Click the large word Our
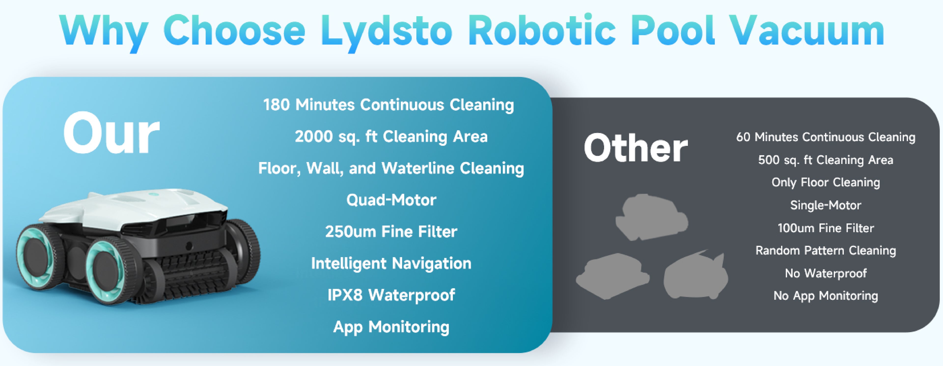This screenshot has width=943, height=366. tap(112, 133)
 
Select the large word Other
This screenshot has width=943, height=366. tap(636, 148)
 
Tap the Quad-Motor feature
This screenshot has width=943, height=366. tap(391, 200)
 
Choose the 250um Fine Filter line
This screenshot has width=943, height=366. tap(391, 231)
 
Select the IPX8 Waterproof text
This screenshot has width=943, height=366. tap(391, 295)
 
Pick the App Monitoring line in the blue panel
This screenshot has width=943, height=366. tap(391, 327)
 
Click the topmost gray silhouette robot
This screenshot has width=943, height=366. tap(652, 217)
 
